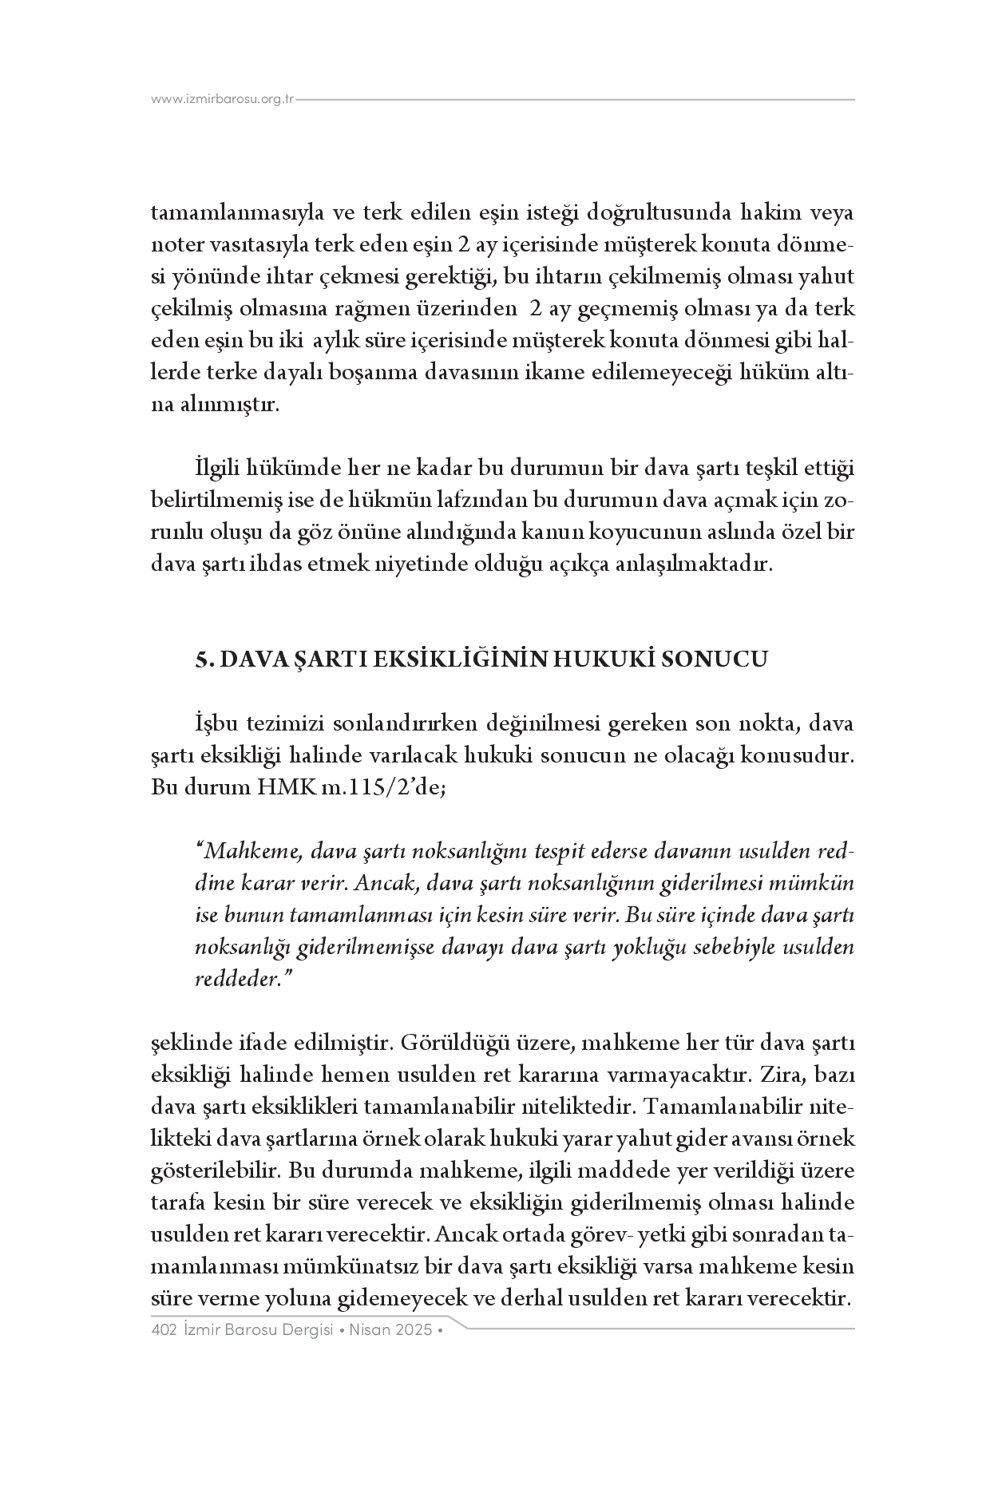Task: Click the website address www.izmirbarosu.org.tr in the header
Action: click(222, 100)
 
